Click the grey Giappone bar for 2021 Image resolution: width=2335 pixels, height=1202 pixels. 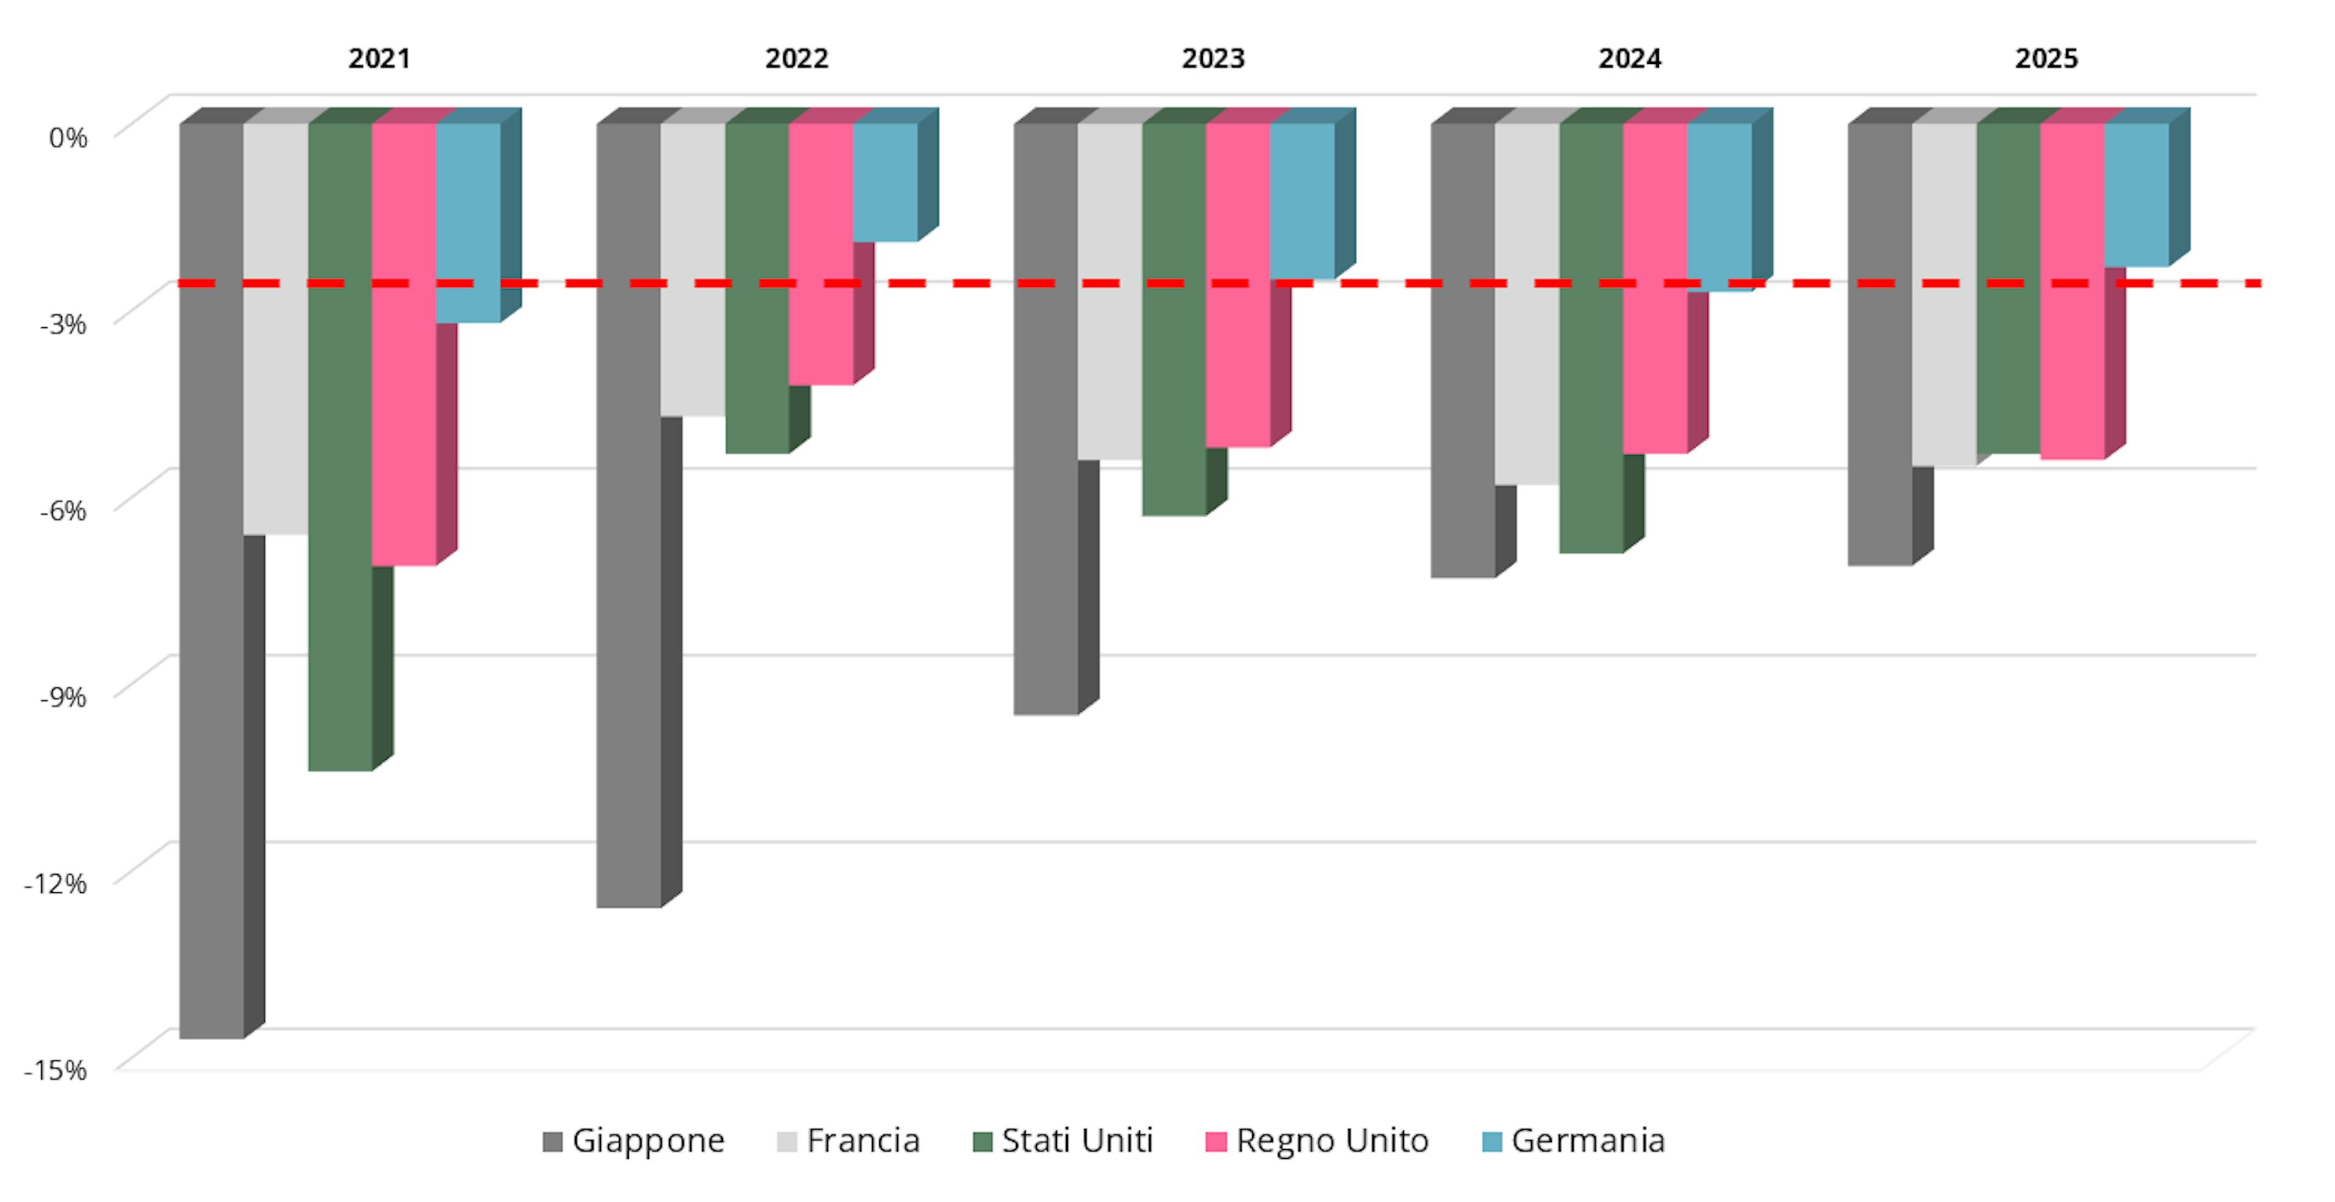(211, 580)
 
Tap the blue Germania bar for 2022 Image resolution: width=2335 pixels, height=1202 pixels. (885, 181)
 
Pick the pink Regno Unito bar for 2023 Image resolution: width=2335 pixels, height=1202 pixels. (1238, 285)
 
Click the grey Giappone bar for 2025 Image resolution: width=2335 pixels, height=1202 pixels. (1880, 344)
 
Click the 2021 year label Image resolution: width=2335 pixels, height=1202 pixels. (379, 59)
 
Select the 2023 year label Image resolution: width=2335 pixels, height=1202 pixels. (1213, 59)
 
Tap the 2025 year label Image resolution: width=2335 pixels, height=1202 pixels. (2046, 59)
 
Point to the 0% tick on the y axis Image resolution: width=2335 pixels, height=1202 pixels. (68, 138)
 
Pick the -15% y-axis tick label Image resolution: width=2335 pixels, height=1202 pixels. (55, 1071)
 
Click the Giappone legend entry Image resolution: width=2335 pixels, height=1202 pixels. (634, 1141)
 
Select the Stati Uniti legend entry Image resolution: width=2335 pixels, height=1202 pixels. (1062, 1141)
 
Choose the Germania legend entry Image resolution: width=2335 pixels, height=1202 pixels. (1574, 1141)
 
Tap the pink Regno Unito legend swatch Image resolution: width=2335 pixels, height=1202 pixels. (1216, 1141)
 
